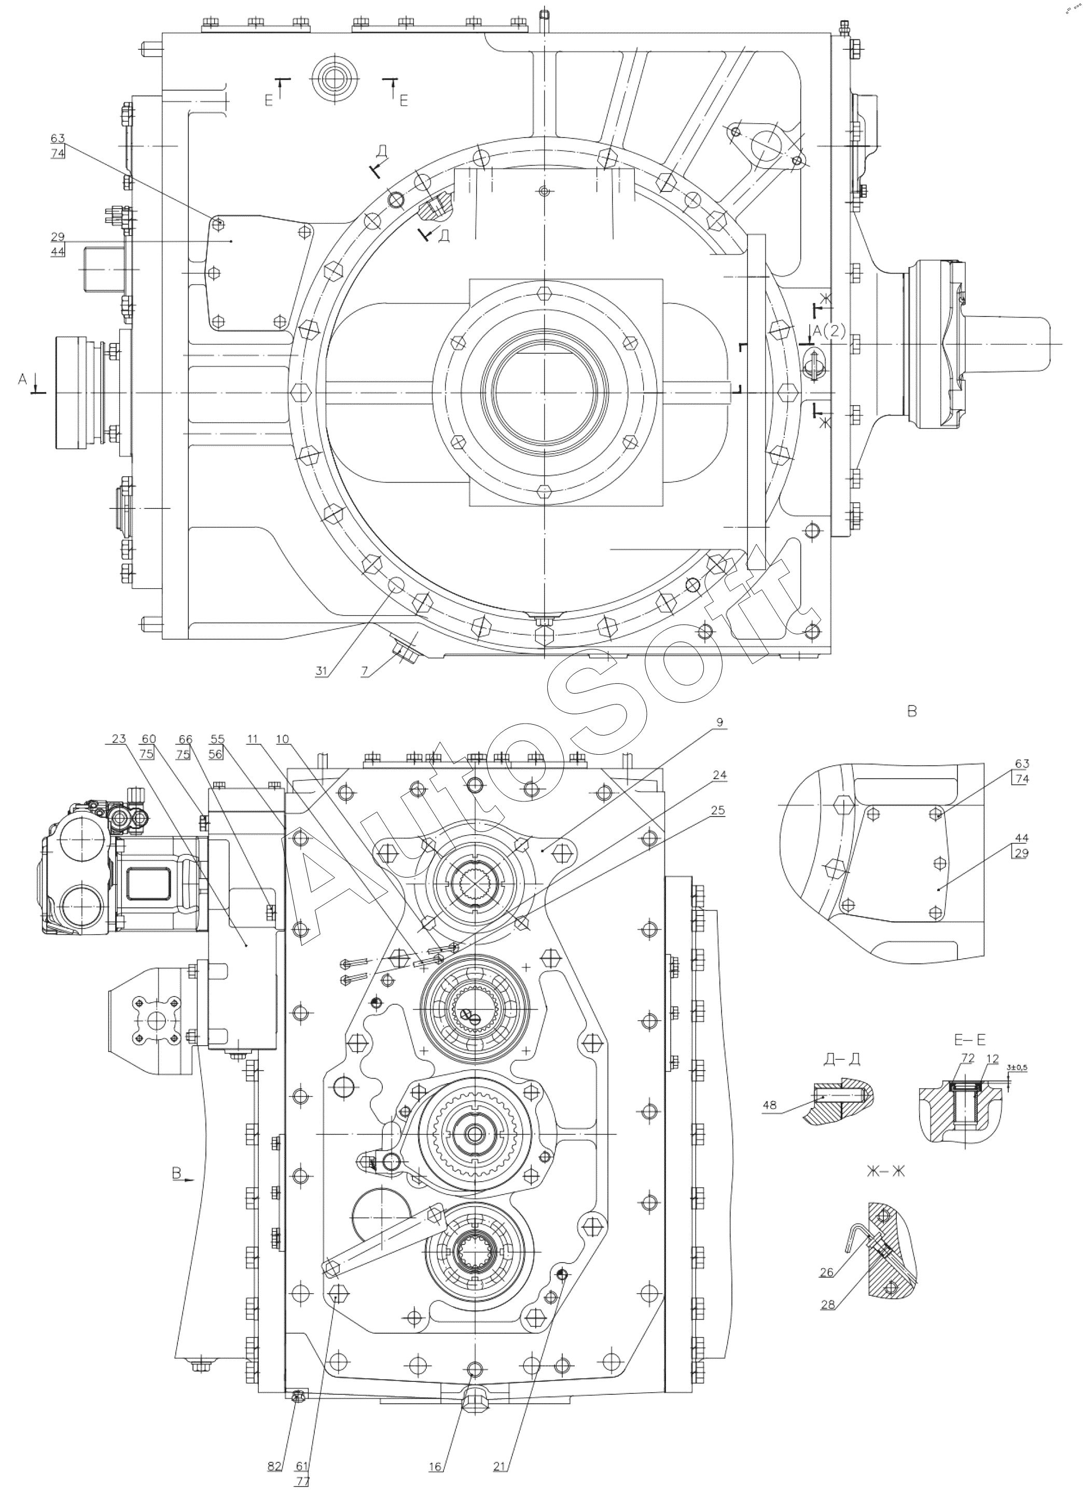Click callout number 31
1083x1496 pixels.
pyautogui.click(x=321, y=670)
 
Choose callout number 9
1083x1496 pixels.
pyautogui.click(x=719, y=722)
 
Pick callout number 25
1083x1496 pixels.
pyautogui.click(x=719, y=811)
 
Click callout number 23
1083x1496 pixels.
pyautogui.click(x=119, y=739)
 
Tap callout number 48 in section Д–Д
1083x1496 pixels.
pyautogui.click(x=770, y=1105)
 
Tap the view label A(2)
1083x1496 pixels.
pyautogui.click(x=829, y=333)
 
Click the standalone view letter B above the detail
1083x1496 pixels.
pyautogui.click(x=912, y=712)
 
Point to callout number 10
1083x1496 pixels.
pyautogui.click(x=282, y=739)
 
